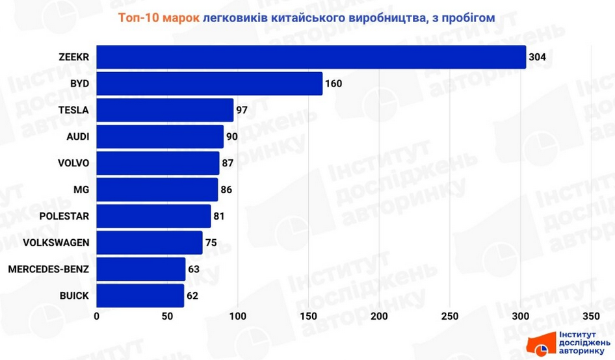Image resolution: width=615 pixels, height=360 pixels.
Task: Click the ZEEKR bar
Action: point(311,57)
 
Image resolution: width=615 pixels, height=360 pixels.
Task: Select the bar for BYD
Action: point(209,84)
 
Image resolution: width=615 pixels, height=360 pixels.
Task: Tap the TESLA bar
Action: point(165,110)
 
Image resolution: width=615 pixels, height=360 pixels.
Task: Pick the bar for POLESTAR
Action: point(154,216)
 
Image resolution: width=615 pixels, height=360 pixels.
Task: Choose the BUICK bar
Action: point(140,296)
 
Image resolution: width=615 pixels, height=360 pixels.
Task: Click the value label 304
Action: point(537,57)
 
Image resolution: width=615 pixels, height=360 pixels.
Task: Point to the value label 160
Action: point(334,84)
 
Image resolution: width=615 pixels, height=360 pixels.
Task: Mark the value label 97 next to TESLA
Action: point(242,110)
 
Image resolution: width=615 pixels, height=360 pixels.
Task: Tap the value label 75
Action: point(211,243)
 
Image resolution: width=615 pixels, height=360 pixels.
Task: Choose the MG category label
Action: point(81,190)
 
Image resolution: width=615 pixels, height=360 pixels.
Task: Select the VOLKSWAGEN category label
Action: point(56,243)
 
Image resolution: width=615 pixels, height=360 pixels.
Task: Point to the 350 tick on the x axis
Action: point(591,316)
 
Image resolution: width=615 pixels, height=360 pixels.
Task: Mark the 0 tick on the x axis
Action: point(97,316)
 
